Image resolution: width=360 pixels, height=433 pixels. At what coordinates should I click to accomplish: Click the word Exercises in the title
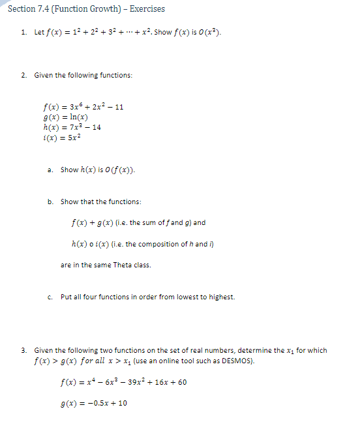(147, 9)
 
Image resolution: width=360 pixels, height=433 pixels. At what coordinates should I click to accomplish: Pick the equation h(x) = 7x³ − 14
(71, 127)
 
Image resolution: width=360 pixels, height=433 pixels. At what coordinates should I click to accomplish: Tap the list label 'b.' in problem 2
(50, 202)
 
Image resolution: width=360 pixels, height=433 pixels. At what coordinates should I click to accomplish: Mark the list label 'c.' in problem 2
(50, 297)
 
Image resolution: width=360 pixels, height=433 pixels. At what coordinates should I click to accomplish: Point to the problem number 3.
(23, 350)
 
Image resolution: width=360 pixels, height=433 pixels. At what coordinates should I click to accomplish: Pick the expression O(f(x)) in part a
(119, 170)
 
